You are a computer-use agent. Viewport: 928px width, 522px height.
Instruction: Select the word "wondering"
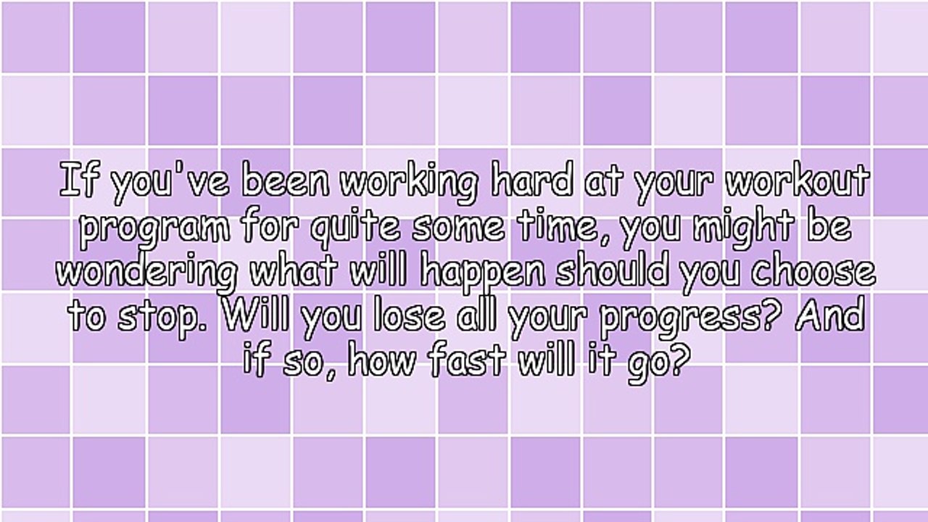[147, 273]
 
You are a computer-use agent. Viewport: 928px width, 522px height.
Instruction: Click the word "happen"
[483, 273]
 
